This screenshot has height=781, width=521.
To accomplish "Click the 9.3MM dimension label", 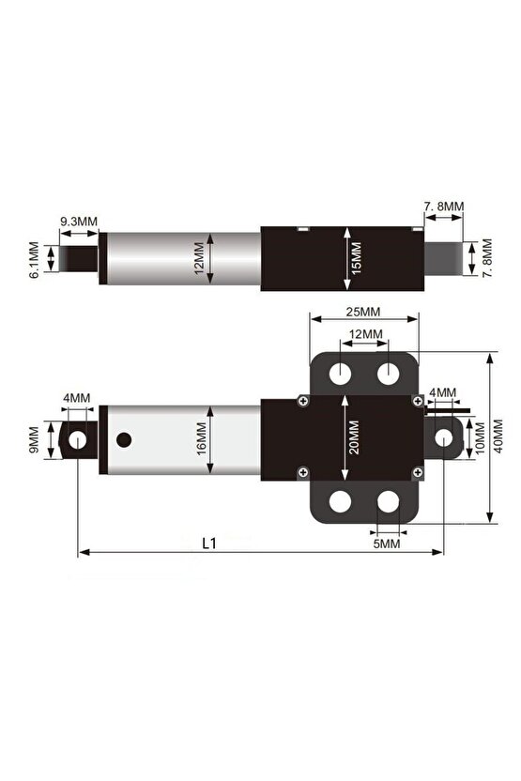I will coord(79,222).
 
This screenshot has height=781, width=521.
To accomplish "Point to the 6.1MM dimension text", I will coord(35,260).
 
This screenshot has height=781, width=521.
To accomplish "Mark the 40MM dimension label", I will coord(498,436).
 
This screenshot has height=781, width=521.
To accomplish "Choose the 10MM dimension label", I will coord(483,437).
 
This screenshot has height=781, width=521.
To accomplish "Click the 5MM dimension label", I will coord(385,543).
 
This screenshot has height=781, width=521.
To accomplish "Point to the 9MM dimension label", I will coord(35,438).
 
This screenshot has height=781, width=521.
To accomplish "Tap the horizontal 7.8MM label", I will coord(443,206).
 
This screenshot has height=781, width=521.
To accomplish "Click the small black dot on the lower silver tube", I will coord(124,438).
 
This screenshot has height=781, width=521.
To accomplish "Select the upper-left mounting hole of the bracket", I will coord(339,374).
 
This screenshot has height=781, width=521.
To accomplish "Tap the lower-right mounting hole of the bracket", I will coord(389,502).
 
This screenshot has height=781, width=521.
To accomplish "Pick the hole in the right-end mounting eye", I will coord(446,437).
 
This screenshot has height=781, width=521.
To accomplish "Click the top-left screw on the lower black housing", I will coord(301,401).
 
